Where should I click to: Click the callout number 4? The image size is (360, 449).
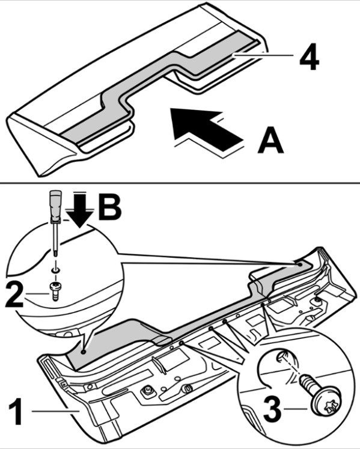coord(310,57)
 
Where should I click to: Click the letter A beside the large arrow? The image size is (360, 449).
coord(270,141)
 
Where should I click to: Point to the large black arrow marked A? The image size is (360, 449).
coord(206,128)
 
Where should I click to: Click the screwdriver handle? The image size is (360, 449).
coord(55,207)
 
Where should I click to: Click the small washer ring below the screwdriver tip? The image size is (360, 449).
coord(55,270)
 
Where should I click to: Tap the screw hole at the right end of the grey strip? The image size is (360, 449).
coord(299,264)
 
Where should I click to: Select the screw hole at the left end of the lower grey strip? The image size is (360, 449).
coord(83,352)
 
